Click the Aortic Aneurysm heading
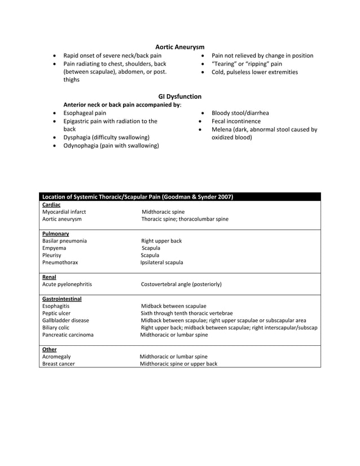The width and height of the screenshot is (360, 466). pos(179,46)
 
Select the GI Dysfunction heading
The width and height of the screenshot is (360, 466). pos(179,96)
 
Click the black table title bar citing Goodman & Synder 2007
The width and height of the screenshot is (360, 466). pos(138,197)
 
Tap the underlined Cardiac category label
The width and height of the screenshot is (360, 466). pos(51,204)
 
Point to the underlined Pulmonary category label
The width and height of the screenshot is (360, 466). pos(56,233)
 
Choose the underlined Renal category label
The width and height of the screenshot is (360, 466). pos(49,277)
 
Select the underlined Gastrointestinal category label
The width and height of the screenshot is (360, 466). pos(62,298)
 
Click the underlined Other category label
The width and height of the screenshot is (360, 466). pos(50,349)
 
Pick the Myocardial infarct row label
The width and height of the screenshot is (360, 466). pos(64,212)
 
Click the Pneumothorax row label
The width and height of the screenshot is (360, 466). pos(60,262)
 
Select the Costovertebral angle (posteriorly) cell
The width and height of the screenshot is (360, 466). pos(181,284)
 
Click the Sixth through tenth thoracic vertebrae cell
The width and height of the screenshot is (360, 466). pos(187,313)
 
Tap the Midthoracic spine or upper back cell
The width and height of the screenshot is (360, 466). pos(178,364)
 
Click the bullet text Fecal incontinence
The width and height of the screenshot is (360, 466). pos(236,121)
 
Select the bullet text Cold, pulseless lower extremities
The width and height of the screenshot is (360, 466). pos(254,72)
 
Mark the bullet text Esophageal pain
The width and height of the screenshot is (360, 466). pos(85,113)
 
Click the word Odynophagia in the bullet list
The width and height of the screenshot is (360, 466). pos(80,146)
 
